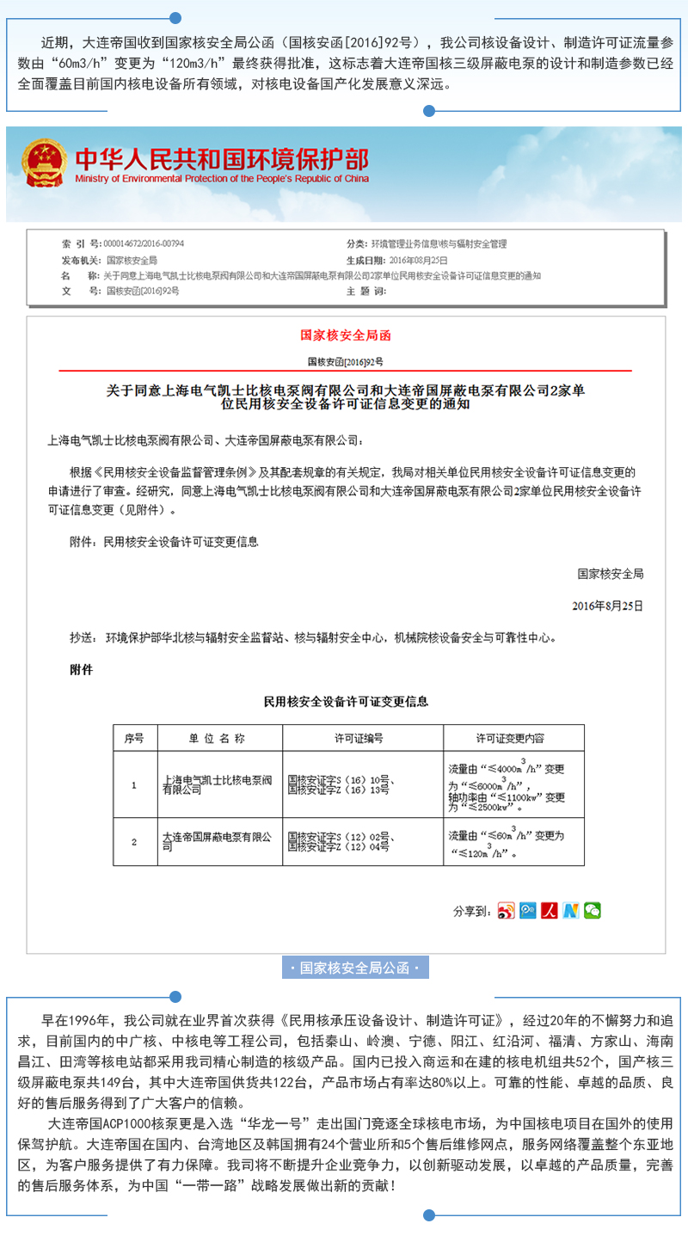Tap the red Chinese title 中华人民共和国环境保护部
(x=221, y=159)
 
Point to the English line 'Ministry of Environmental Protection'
(x=221, y=179)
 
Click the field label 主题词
(x=365, y=291)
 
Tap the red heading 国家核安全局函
(x=345, y=335)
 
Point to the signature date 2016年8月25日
(x=607, y=606)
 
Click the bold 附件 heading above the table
(x=81, y=668)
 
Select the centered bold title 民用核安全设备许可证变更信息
(x=346, y=702)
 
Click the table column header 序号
(x=134, y=738)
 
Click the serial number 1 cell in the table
(x=134, y=784)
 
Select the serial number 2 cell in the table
(x=134, y=841)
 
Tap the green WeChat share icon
(x=593, y=911)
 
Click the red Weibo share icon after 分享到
(x=506, y=911)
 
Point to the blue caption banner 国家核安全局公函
(x=355, y=968)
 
